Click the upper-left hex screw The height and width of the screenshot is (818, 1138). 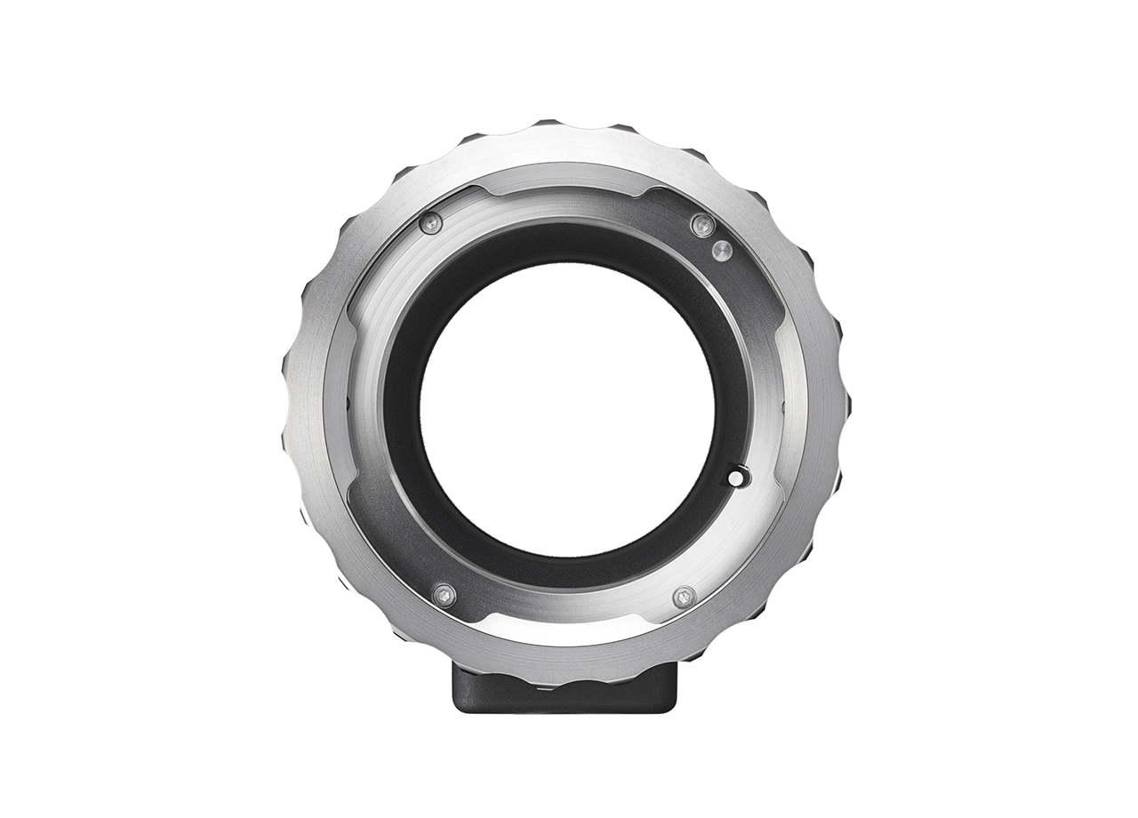pos(431,223)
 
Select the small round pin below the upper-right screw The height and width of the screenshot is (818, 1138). pos(723,252)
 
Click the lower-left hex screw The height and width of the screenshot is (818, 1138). pos(443,595)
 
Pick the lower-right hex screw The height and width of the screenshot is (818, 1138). pos(683,597)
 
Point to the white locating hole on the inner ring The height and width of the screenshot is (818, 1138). pos(736,478)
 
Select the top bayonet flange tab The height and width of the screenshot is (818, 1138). pos(566,182)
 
